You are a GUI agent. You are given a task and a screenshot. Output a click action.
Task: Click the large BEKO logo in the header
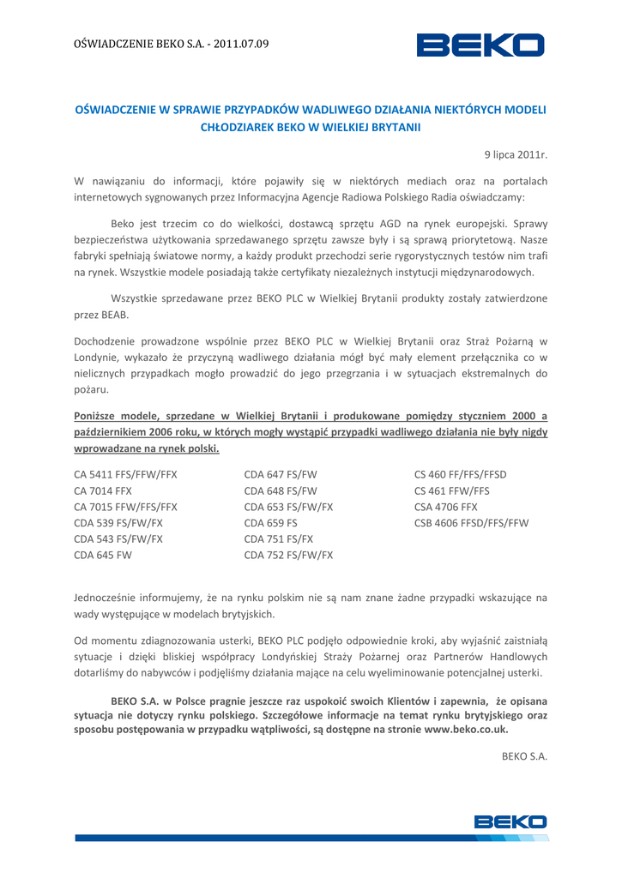pyautogui.click(x=480, y=45)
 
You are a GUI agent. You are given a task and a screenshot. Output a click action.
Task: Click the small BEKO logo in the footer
pyautogui.click(x=510, y=822)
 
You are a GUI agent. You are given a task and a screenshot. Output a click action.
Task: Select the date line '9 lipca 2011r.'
pyautogui.click(x=515, y=155)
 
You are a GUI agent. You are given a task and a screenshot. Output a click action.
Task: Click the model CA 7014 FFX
pyautogui.click(x=103, y=490)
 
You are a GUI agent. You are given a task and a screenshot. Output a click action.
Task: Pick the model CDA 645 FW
pyautogui.click(x=103, y=555)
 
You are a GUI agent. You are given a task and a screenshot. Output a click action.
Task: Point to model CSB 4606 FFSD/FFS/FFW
pyautogui.click(x=471, y=523)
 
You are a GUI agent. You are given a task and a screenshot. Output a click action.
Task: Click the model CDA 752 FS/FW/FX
pyautogui.click(x=288, y=555)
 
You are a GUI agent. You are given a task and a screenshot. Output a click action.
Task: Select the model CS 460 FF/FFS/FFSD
pyautogui.click(x=461, y=474)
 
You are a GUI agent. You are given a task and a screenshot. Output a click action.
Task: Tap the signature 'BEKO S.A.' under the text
pyautogui.click(x=524, y=756)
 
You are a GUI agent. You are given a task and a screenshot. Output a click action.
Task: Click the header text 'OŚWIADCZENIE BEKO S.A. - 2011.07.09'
pyautogui.click(x=172, y=44)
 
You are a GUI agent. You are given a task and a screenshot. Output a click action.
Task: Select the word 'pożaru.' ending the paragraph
pyautogui.click(x=92, y=390)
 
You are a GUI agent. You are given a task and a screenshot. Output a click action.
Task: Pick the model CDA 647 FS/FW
pyautogui.click(x=281, y=474)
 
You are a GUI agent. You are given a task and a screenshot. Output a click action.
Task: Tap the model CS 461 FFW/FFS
pyautogui.click(x=452, y=490)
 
